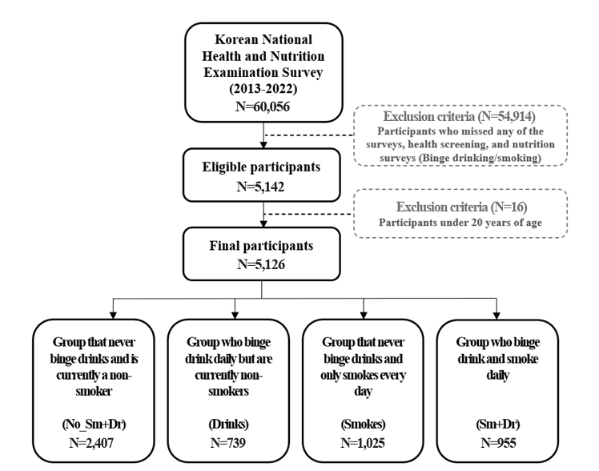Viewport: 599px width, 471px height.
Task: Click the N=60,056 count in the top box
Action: [x=263, y=107]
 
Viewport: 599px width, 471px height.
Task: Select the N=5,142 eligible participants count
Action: [x=260, y=187]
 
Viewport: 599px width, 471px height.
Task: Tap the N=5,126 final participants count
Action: [x=261, y=264]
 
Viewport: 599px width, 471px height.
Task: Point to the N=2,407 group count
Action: [x=91, y=443]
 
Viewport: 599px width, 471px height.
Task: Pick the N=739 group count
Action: [x=228, y=443]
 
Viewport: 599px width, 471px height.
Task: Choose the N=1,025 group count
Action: [x=363, y=443]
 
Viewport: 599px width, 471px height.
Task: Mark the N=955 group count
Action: [x=499, y=443]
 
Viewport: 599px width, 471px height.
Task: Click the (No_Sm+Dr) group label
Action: [x=94, y=425]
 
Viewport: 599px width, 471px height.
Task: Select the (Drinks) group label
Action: [x=228, y=425]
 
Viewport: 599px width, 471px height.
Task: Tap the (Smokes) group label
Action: [x=363, y=425]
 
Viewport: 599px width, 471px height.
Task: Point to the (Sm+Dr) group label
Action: [x=498, y=425]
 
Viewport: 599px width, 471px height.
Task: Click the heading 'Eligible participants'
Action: [x=261, y=167]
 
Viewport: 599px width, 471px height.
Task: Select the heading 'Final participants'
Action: [x=261, y=246]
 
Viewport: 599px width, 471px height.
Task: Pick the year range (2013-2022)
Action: [x=263, y=89]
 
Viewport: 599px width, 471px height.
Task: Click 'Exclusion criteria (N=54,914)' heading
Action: [x=459, y=116]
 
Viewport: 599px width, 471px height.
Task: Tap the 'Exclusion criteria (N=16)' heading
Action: [x=461, y=207]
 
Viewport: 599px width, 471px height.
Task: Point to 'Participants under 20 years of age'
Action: [x=460, y=223]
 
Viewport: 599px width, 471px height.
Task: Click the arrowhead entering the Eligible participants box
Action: [x=263, y=145]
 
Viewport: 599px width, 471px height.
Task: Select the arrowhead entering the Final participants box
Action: [x=263, y=223]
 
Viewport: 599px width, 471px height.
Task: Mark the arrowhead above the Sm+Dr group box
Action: [x=496, y=315]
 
